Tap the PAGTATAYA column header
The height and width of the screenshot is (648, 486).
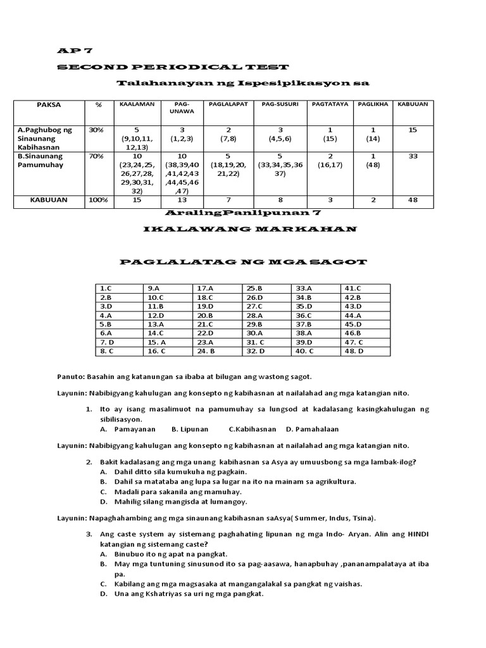(329, 104)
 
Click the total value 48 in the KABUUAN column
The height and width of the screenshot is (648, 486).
(412, 199)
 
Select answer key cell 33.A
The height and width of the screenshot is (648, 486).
(304, 288)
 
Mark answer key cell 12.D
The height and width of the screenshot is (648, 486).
(156, 315)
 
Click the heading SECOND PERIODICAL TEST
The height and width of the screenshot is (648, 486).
(173, 67)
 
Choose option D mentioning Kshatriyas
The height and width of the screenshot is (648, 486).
(181, 594)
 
